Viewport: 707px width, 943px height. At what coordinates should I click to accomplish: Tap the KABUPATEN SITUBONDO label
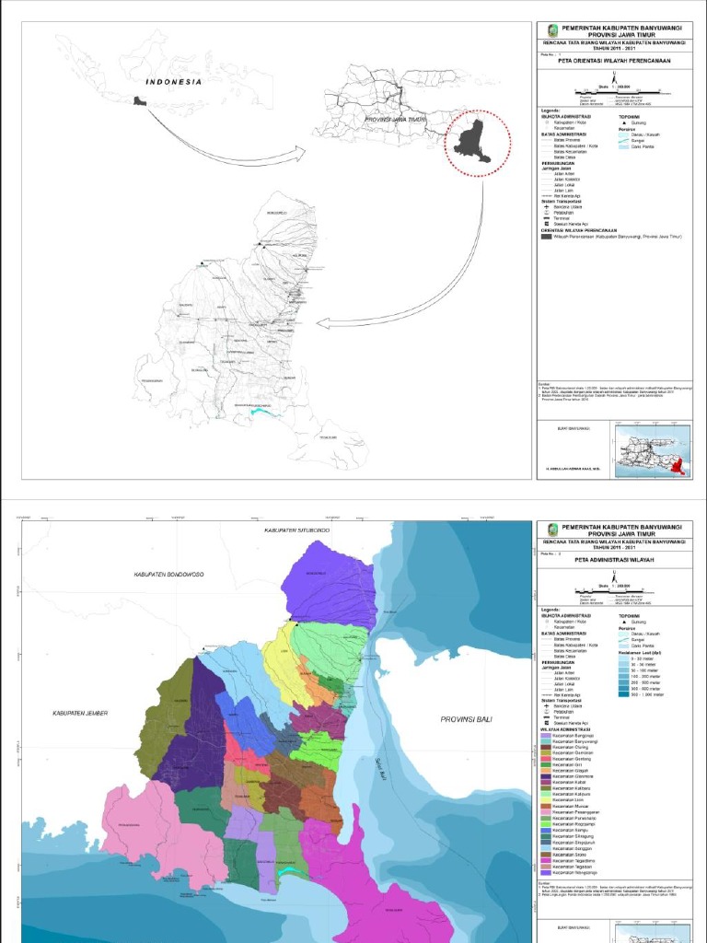pos(296,531)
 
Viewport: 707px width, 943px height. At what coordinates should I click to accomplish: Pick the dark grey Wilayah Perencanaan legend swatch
pos(545,237)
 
